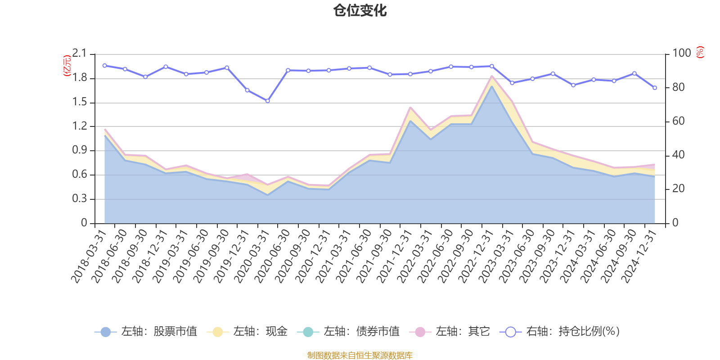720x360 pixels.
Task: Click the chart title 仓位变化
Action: tap(360, 10)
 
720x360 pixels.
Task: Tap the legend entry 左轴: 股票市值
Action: tap(146, 332)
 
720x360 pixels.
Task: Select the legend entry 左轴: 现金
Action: tap(247, 332)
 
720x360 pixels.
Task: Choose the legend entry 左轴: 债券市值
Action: tap(348, 332)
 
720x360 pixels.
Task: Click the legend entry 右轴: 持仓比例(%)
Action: tap(560, 332)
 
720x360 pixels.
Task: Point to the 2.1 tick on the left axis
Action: tap(79, 54)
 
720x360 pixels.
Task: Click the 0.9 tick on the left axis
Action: tap(79, 150)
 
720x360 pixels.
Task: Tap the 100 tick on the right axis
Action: tap(681, 54)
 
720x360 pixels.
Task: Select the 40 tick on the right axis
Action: tap(678, 155)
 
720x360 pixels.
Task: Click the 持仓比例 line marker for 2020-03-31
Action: tap(267, 101)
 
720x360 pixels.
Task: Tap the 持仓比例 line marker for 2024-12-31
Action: tap(655, 88)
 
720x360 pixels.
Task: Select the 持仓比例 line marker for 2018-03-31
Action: tap(104, 65)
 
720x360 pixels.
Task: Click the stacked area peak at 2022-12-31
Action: tap(491, 76)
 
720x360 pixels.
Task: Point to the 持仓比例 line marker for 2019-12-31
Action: tap(247, 90)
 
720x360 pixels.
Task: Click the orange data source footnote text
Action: tap(360, 355)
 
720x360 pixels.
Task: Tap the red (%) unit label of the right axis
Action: tap(700, 52)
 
